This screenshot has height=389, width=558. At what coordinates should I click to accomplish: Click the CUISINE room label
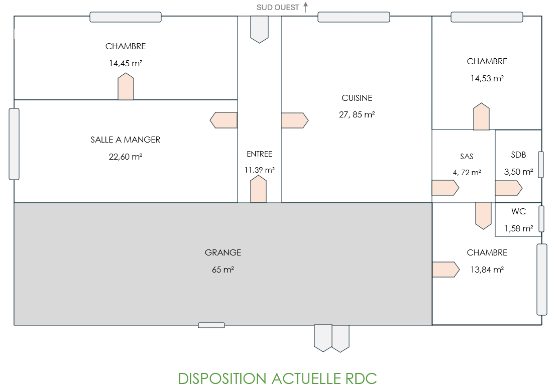pos(357,98)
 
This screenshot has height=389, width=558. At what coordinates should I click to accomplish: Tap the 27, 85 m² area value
pos(357,114)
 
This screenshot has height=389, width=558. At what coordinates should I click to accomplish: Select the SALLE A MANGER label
pos(126,140)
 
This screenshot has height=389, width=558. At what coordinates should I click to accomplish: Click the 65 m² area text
pos(223,270)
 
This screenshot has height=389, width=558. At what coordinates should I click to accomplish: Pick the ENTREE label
pos(259,154)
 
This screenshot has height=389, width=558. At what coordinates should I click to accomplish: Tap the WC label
pos(518,212)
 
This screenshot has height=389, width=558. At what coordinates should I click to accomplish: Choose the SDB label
pos(518,155)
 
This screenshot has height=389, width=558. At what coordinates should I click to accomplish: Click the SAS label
pos(467,157)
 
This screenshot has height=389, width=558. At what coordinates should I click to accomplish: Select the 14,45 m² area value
pos(126,63)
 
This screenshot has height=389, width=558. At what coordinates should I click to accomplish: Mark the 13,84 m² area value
pos(487,270)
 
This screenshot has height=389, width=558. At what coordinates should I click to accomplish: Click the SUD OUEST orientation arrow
pos(305,7)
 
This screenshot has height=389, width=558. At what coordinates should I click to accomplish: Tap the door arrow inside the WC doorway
pos(483,215)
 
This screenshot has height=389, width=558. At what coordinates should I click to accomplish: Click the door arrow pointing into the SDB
pos(508,188)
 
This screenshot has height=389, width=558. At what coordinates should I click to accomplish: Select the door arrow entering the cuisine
pos(294,120)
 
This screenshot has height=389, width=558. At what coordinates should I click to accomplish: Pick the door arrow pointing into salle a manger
pos(224,120)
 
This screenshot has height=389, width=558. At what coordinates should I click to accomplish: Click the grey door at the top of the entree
pos(259,29)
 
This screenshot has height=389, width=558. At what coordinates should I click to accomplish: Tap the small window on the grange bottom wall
pos(211,325)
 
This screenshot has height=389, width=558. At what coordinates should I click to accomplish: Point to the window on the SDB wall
pos(541,165)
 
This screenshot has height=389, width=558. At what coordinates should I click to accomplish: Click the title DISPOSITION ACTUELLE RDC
pos(277,378)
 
